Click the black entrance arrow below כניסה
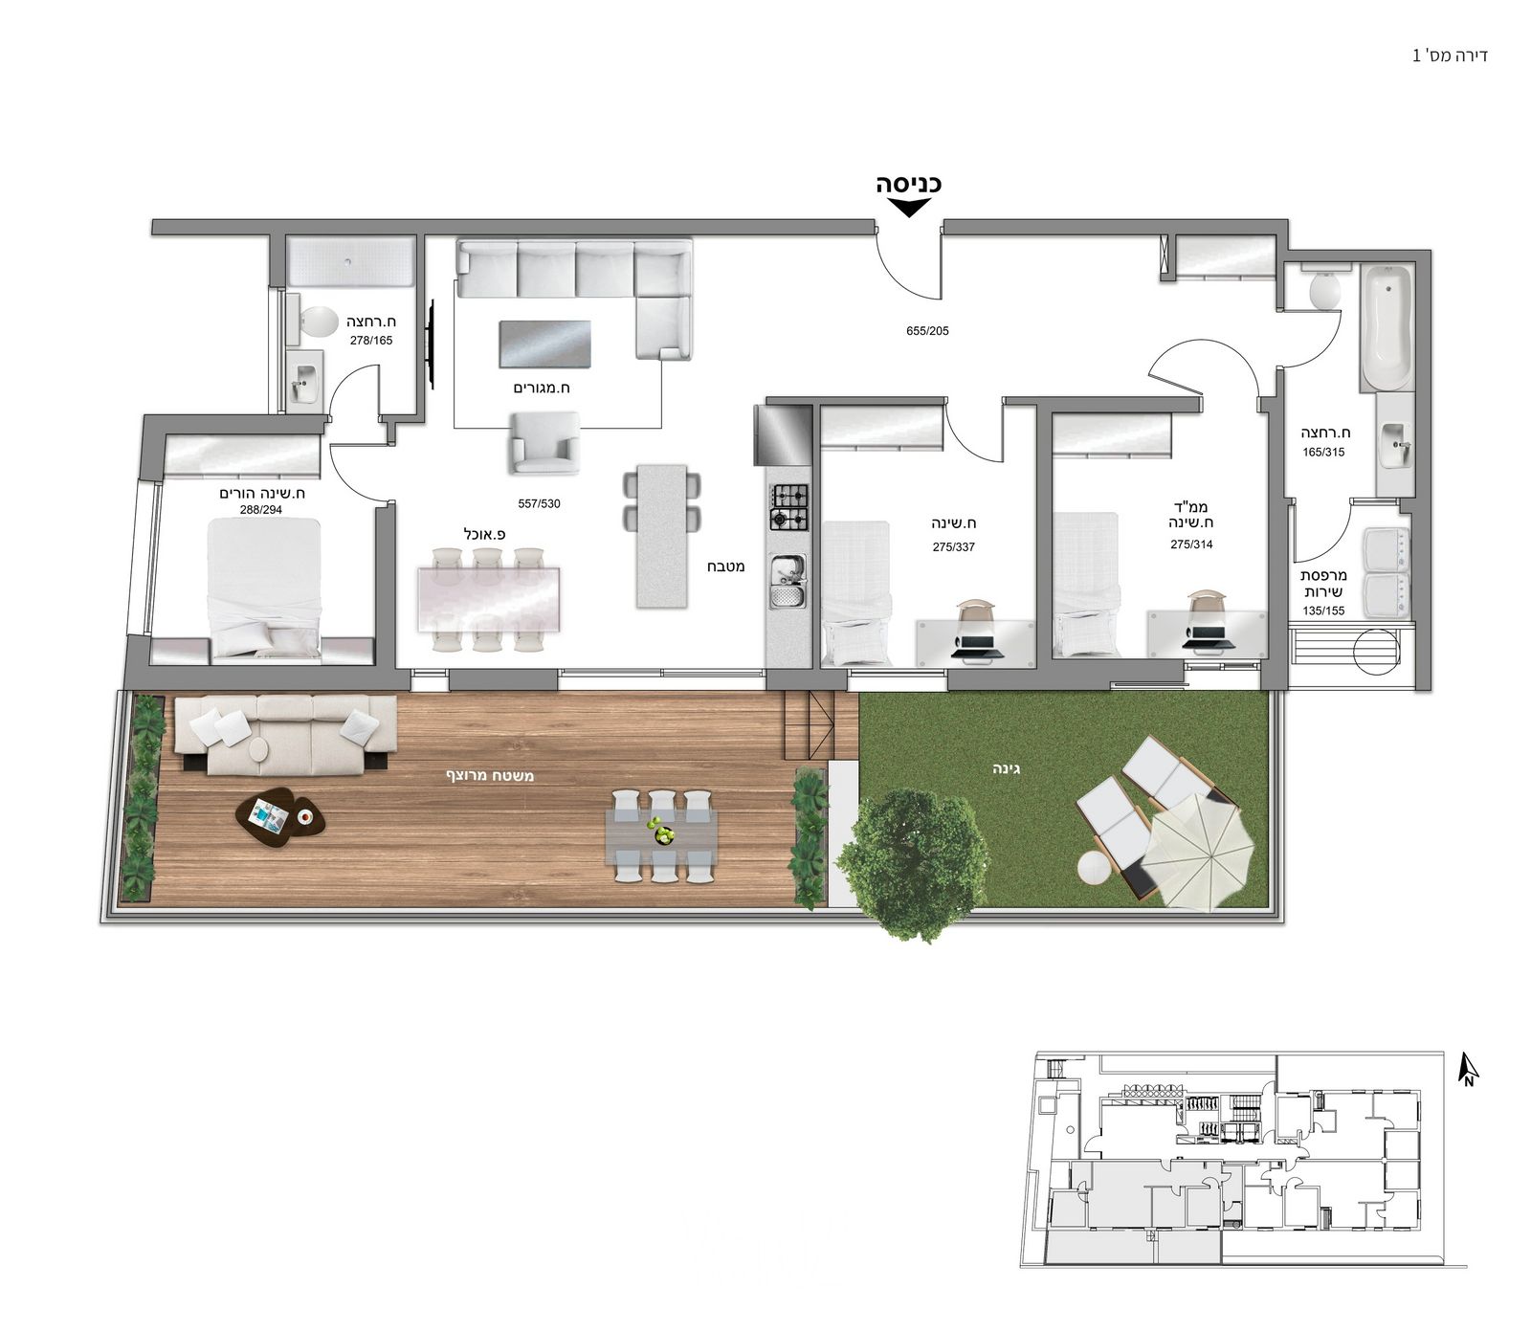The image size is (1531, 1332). (x=908, y=208)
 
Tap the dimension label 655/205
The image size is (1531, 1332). (x=927, y=331)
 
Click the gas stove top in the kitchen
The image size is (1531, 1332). (x=789, y=507)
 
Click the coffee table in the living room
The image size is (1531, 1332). (x=544, y=344)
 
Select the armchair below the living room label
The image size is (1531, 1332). (x=544, y=443)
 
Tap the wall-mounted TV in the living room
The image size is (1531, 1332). (x=432, y=345)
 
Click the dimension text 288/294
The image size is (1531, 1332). (x=261, y=510)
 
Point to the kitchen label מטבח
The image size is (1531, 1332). (x=726, y=566)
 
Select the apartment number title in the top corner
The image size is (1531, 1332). (x=1450, y=55)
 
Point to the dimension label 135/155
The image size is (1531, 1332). (x=1323, y=610)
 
